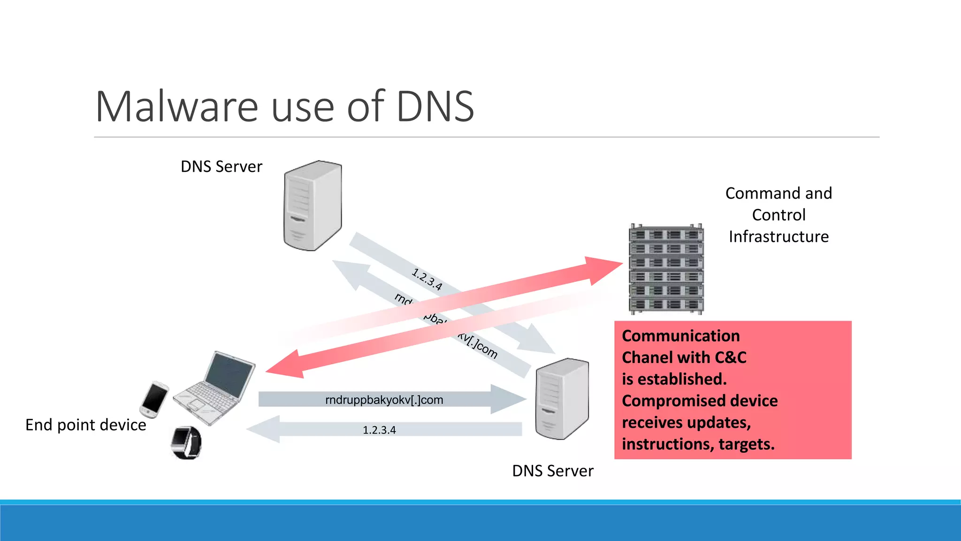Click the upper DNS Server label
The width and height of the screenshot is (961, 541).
221,167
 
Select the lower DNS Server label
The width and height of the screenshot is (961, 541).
552,471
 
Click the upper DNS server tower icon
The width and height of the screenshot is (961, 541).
313,206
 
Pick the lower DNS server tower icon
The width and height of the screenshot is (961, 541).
562,399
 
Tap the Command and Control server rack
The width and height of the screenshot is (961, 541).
666,269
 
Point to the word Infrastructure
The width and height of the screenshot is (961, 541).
778,237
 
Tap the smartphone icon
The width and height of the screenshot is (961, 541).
154,399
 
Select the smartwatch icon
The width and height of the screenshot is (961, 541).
186,443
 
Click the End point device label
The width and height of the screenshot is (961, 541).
86,425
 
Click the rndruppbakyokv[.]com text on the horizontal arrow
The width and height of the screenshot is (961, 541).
384,400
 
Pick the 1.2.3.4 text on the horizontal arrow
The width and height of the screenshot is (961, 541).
379,430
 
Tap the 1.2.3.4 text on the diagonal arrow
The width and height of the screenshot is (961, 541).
427,279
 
